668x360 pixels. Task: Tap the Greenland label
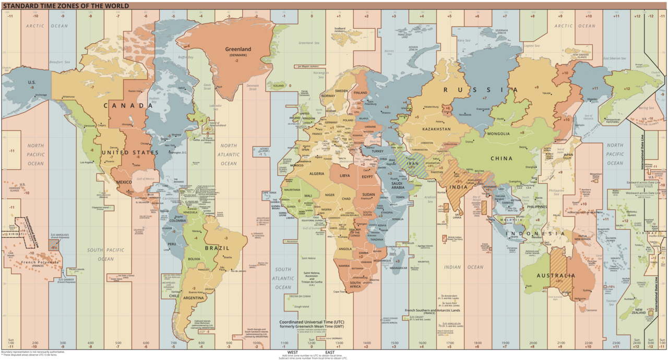pyautogui.click(x=238, y=50)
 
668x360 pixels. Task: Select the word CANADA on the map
pyautogui.click(x=128, y=106)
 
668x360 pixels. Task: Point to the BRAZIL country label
pyautogui.click(x=217, y=248)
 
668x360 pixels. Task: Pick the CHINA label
pyautogui.click(x=502, y=158)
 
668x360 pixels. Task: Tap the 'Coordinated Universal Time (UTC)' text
pyautogui.click(x=312, y=322)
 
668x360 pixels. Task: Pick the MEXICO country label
pyautogui.click(x=125, y=182)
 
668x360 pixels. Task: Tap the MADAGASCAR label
pyautogui.click(x=398, y=268)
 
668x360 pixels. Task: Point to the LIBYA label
pyautogui.click(x=345, y=176)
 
